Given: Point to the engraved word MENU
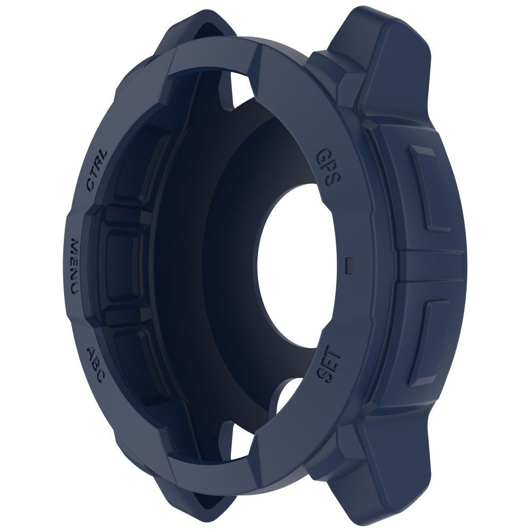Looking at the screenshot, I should [74, 266].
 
